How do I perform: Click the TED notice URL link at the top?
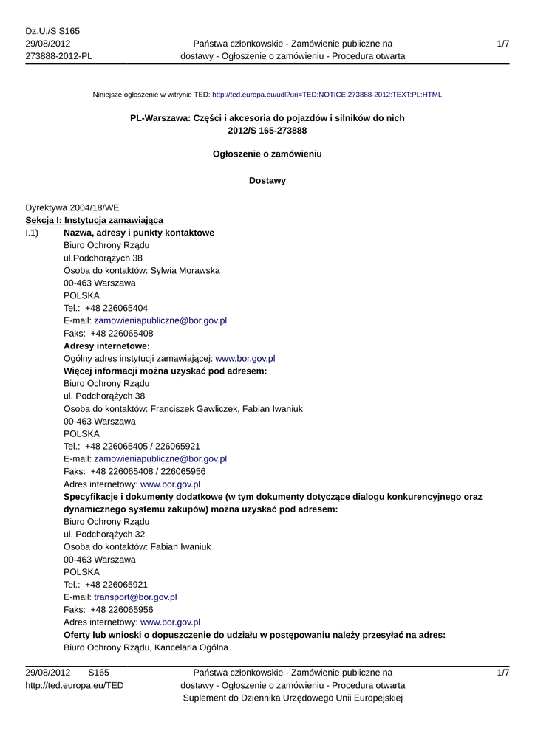click(x=327, y=94)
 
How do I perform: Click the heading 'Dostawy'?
click(x=267, y=180)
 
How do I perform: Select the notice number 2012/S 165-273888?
click(x=267, y=131)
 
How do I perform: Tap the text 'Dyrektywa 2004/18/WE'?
click(x=72, y=207)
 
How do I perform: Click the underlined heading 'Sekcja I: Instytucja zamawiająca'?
click(x=94, y=220)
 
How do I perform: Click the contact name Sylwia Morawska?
click(x=185, y=270)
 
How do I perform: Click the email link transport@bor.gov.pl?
click(x=135, y=597)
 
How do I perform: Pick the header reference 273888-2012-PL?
click(x=59, y=56)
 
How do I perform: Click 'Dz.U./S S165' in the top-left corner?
click(x=52, y=31)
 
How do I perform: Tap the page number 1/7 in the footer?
click(x=503, y=673)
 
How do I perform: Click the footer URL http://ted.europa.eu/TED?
click(x=75, y=685)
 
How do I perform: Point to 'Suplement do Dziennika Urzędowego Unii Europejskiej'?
click(x=293, y=698)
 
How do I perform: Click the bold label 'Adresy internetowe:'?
click(x=106, y=346)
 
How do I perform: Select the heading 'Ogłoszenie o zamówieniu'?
click(x=267, y=154)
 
